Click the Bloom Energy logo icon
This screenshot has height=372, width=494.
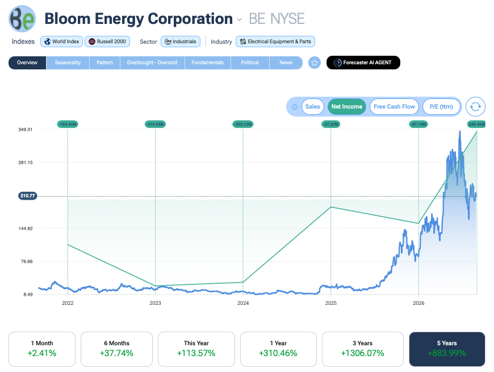(22, 19)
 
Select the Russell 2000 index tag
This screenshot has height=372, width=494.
(107, 42)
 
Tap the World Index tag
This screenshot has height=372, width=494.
(62, 42)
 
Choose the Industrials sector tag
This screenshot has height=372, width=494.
(181, 42)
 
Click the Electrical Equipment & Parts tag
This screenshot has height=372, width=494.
(275, 42)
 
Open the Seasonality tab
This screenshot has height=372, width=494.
(68, 63)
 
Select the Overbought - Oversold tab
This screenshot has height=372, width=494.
(152, 63)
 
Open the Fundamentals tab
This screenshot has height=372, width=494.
(208, 63)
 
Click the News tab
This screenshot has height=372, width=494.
(286, 63)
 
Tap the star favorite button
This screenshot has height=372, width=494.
(315, 63)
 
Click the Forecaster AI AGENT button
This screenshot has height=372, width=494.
(363, 63)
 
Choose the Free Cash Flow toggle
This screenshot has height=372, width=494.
(394, 106)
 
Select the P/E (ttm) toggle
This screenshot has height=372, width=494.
(441, 106)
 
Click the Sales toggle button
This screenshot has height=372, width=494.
(312, 106)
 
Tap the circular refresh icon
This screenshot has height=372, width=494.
(475, 106)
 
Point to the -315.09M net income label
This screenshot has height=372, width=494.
(156, 124)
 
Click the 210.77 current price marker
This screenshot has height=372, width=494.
(28, 196)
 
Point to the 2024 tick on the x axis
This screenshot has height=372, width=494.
(243, 303)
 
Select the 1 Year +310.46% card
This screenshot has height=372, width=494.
(278, 349)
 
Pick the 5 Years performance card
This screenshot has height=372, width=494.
(447, 349)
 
